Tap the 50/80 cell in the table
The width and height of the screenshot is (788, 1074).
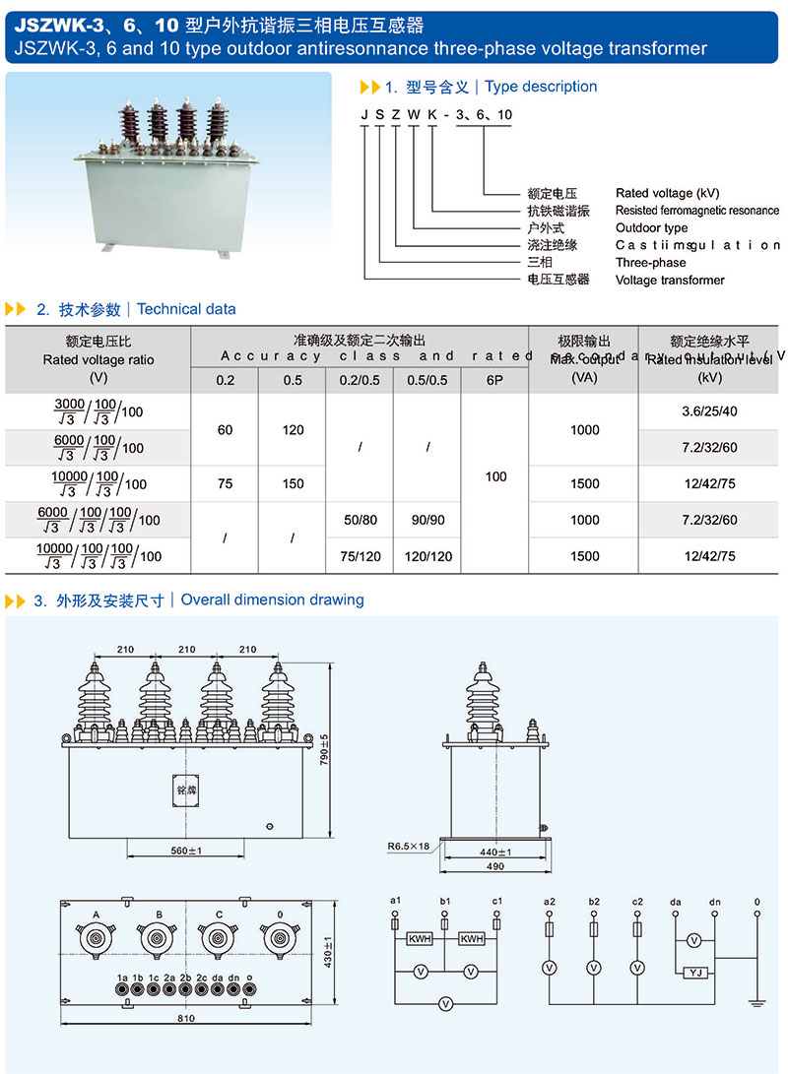[x=360, y=520]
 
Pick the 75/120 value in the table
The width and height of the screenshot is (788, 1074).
[x=360, y=556]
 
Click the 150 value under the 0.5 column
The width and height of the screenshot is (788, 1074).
[x=293, y=483]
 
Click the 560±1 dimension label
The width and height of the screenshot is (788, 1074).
[x=179, y=851]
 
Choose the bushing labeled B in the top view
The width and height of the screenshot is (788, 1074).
[x=157, y=939]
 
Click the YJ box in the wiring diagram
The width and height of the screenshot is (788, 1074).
[x=694, y=973]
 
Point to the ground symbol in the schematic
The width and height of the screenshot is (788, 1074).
[x=756, y=1003]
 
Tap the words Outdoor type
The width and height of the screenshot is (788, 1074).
[x=651, y=227]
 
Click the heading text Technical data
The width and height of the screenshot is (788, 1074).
[x=186, y=309]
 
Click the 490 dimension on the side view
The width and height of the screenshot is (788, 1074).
[x=495, y=866]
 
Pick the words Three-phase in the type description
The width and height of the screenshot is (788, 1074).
[x=650, y=263]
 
